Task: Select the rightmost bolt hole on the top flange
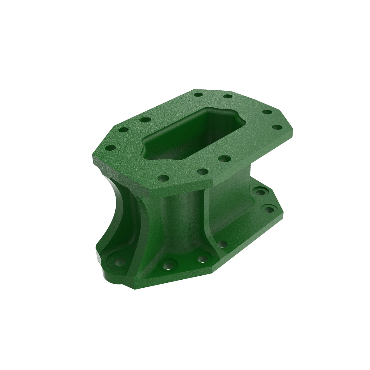point(278,127)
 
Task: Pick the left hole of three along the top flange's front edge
point(163,178)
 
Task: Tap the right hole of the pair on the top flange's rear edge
point(228,97)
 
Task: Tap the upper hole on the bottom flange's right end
point(261,192)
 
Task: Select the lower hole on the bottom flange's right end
point(269,210)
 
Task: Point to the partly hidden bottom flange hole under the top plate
point(221,245)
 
